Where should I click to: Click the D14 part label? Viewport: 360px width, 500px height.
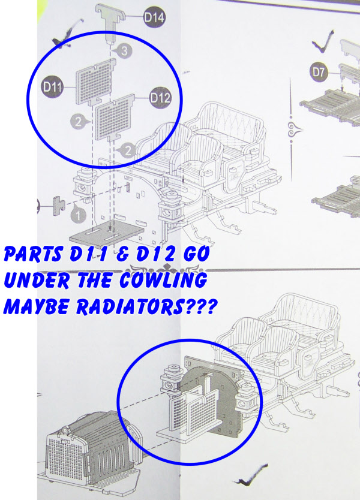(x=154, y=17)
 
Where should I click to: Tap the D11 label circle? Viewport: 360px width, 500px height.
(x=52, y=86)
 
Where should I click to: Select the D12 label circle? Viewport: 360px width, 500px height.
(x=160, y=98)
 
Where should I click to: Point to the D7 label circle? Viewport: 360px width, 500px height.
(x=319, y=72)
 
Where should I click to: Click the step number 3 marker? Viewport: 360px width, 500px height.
(x=124, y=51)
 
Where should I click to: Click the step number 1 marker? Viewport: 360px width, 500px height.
(x=78, y=215)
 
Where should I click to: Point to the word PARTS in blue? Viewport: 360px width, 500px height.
(x=33, y=254)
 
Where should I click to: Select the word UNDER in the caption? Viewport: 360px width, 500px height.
(x=37, y=281)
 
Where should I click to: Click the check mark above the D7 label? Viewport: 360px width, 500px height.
(x=323, y=43)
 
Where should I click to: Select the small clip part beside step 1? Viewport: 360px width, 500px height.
(x=58, y=206)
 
